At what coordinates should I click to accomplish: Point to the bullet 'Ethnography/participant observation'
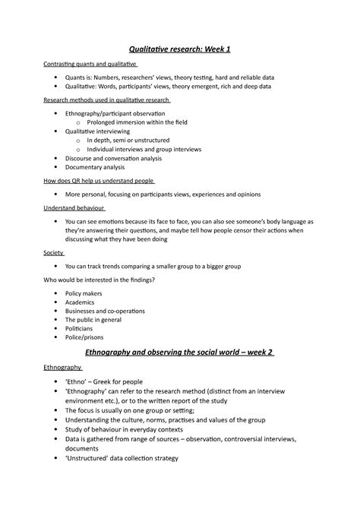(x=115, y=112)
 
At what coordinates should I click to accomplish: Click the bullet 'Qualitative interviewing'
(x=98, y=131)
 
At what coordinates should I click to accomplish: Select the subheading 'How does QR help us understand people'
(x=98, y=181)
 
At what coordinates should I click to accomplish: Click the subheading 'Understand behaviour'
(x=73, y=207)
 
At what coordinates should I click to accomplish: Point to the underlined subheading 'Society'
(x=53, y=253)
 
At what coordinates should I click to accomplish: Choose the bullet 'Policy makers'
(x=84, y=292)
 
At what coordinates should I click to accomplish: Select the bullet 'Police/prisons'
(x=85, y=337)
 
